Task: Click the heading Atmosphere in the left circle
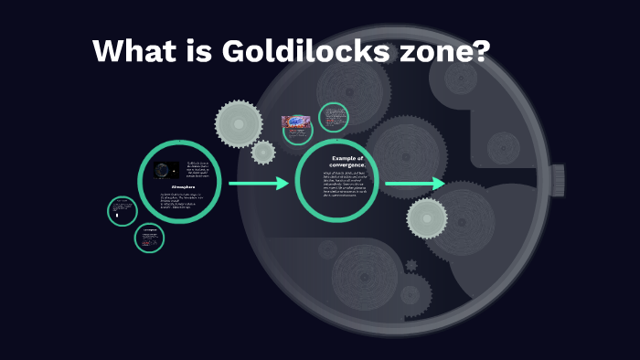click(x=178, y=187)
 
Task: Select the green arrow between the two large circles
click(x=258, y=184)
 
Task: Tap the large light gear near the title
click(x=239, y=122)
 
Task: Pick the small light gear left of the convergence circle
click(x=263, y=152)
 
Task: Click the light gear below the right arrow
click(x=427, y=218)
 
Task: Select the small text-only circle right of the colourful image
click(x=334, y=118)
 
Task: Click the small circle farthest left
click(x=122, y=211)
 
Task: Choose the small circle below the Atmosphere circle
click(x=149, y=238)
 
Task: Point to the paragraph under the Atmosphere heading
click(x=180, y=201)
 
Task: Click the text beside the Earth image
click(x=197, y=170)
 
